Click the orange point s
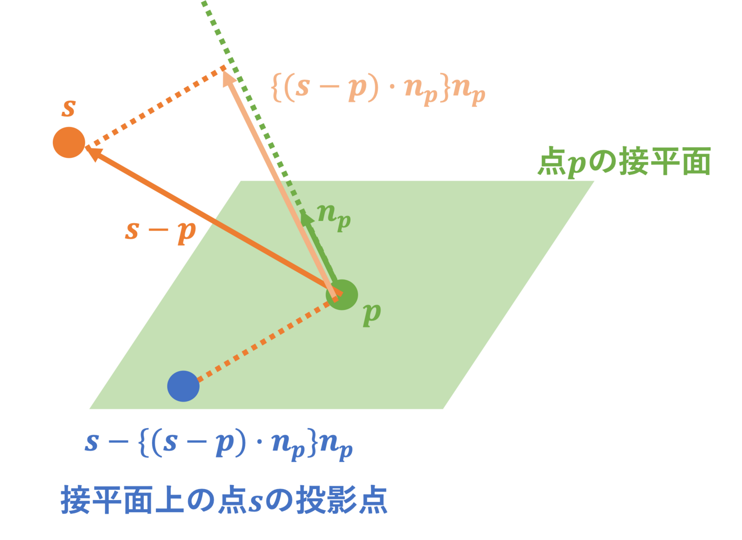(69, 142)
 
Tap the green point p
(342, 295)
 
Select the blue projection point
(184, 386)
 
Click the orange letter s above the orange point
(69, 109)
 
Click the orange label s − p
(160, 231)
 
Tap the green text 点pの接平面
(624, 161)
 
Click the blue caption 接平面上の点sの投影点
(224, 500)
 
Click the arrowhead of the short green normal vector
(306, 217)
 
